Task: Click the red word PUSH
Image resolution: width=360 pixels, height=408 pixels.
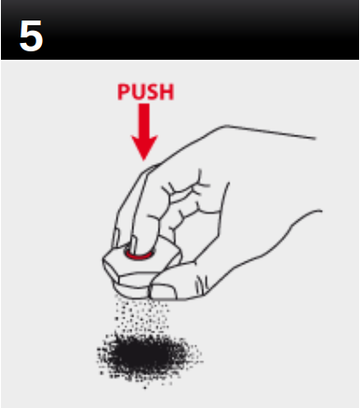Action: coord(145,92)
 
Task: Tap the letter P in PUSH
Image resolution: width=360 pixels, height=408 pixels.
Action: coord(123,92)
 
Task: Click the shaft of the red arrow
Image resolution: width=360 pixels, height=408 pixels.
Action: coord(145,120)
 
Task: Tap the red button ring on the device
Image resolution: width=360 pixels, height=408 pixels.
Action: coord(141,250)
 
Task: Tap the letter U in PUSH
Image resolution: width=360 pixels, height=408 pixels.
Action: coord(137,92)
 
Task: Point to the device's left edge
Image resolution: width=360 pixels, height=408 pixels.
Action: coord(104,264)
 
